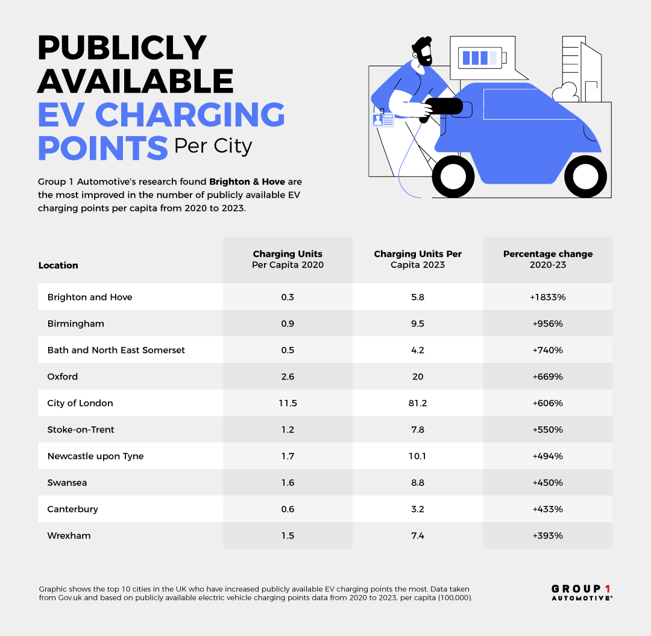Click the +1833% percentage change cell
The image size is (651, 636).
pos(547,297)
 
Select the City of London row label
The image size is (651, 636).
pos(80,403)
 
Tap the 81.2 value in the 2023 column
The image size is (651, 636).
pos(417,403)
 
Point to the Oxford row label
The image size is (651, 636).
pos(63,376)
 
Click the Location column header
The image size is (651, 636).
pos(58,265)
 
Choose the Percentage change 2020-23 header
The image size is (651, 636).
pos(547,259)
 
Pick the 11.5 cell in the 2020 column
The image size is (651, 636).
pos(288,403)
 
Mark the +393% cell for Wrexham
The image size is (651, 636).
pos(547,535)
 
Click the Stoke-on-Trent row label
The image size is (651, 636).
pos(81,429)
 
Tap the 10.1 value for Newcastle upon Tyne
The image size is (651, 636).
pos(417,456)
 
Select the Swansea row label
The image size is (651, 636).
pos(66,482)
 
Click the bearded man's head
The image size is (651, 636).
pos(423,51)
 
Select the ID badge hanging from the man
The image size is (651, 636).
pos(383,119)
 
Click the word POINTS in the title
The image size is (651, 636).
pos(102,146)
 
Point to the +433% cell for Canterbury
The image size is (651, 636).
pos(547,509)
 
